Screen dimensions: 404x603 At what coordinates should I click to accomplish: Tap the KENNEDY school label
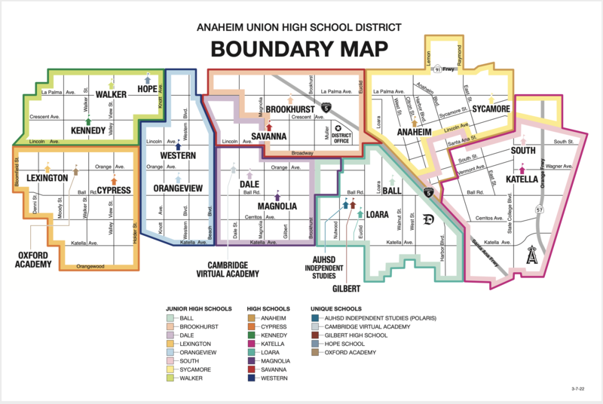88,131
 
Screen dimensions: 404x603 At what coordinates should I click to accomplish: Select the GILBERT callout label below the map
347,288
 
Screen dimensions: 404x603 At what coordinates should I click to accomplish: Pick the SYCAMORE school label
491,109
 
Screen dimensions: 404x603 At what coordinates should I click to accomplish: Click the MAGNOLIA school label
277,206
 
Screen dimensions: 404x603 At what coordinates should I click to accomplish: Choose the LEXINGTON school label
47,178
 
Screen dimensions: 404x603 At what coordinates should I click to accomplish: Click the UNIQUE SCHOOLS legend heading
336,309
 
